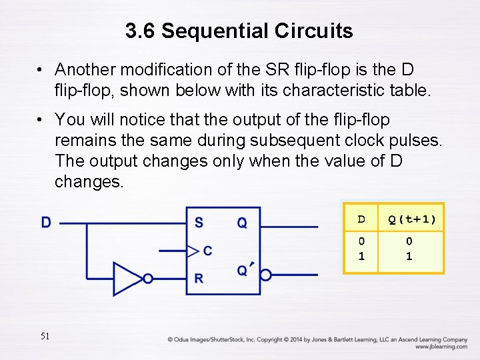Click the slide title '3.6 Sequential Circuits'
tap(239, 31)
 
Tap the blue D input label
tap(46, 223)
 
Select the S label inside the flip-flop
tap(199, 223)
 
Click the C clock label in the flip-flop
tap(207, 251)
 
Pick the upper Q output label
tap(242, 223)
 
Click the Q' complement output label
tap(243, 269)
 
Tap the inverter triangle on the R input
tap(126, 278)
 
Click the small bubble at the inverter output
tap(148, 278)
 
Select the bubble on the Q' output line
tap(265, 275)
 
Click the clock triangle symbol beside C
tap(192, 251)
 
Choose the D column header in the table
tap(361, 219)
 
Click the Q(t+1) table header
tap(412, 219)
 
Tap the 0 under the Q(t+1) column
tap(409, 241)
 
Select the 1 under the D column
tap(361, 256)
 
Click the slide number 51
tap(45, 336)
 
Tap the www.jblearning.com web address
tap(441, 347)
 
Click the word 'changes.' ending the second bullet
tap(89, 182)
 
